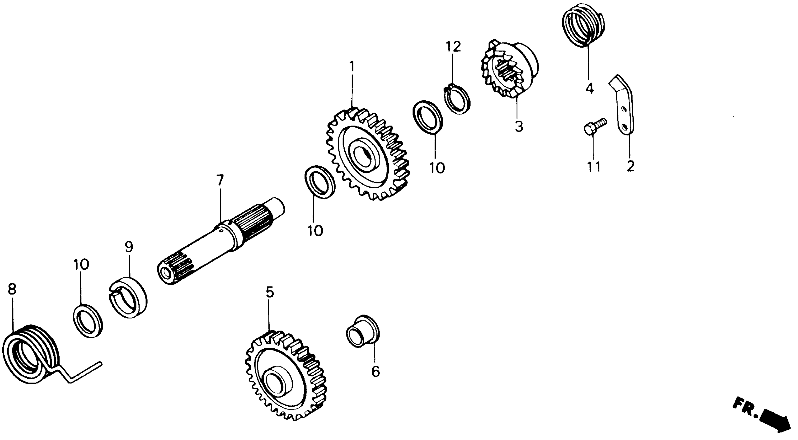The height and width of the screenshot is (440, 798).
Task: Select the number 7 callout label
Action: (220, 180)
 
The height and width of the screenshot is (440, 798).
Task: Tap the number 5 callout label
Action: (270, 292)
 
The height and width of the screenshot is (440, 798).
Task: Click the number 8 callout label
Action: (12, 290)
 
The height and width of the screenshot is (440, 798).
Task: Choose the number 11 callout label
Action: (593, 167)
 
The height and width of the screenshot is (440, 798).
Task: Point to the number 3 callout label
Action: (519, 127)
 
